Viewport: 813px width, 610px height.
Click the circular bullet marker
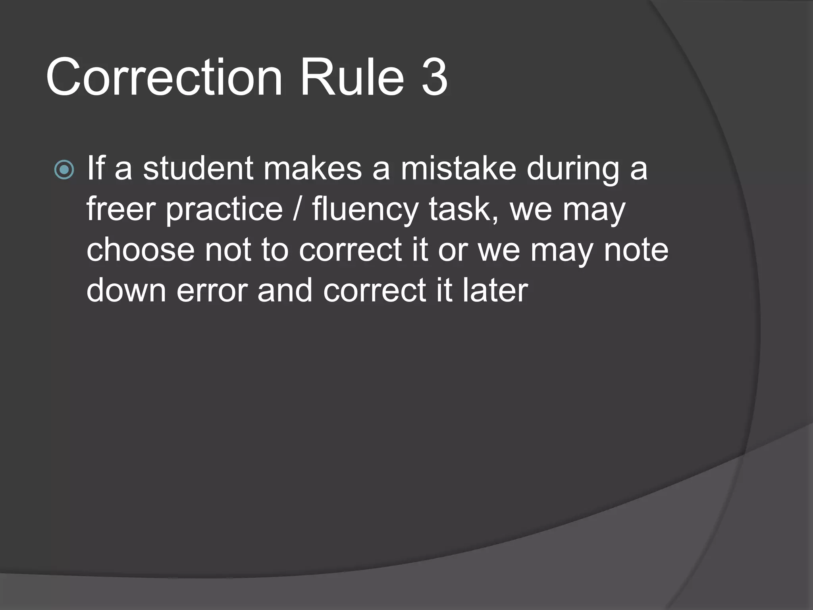pos(64,170)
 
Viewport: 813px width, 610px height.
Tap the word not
pos(228,250)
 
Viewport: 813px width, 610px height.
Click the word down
pos(126,290)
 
